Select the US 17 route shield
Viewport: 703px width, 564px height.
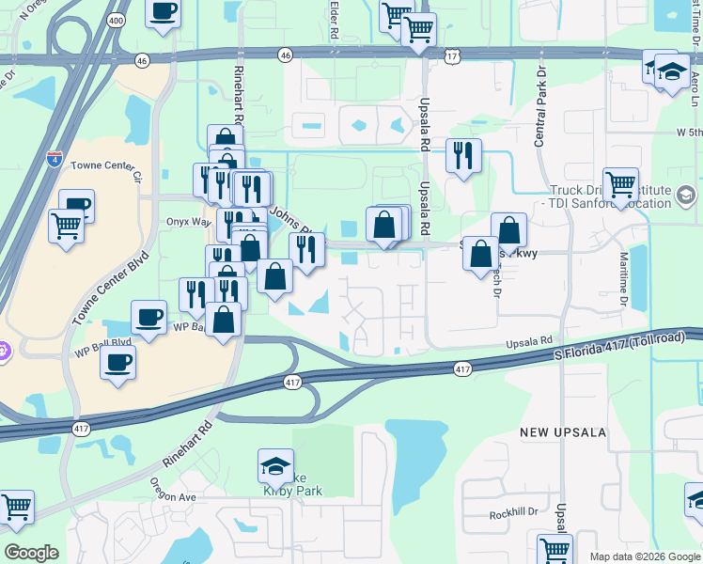(x=454, y=57)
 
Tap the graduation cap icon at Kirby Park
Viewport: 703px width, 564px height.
(x=275, y=465)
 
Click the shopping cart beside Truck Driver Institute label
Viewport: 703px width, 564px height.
(x=620, y=185)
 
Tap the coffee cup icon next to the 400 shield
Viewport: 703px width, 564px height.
(x=163, y=11)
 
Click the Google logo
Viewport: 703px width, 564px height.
(x=31, y=553)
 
